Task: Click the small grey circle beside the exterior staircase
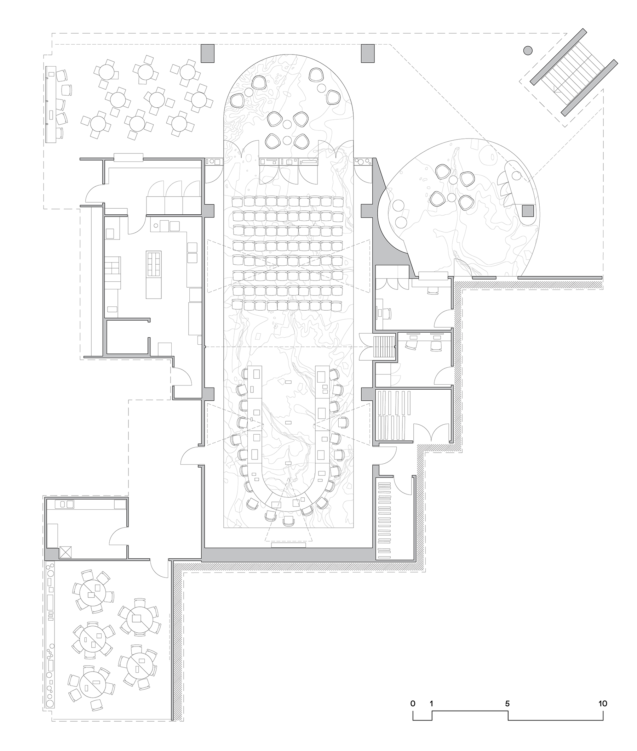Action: pyautogui.click(x=528, y=50)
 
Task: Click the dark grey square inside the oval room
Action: pyautogui.click(x=528, y=211)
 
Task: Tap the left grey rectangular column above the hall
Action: pyautogui.click(x=208, y=53)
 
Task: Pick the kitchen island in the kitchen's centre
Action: pyautogui.click(x=154, y=274)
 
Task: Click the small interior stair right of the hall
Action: pyautogui.click(x=385, y=346)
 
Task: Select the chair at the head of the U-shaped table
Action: pyautogui.click(x=288, y=521)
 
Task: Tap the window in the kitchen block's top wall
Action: pyautogui.click(x=128, y=157)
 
